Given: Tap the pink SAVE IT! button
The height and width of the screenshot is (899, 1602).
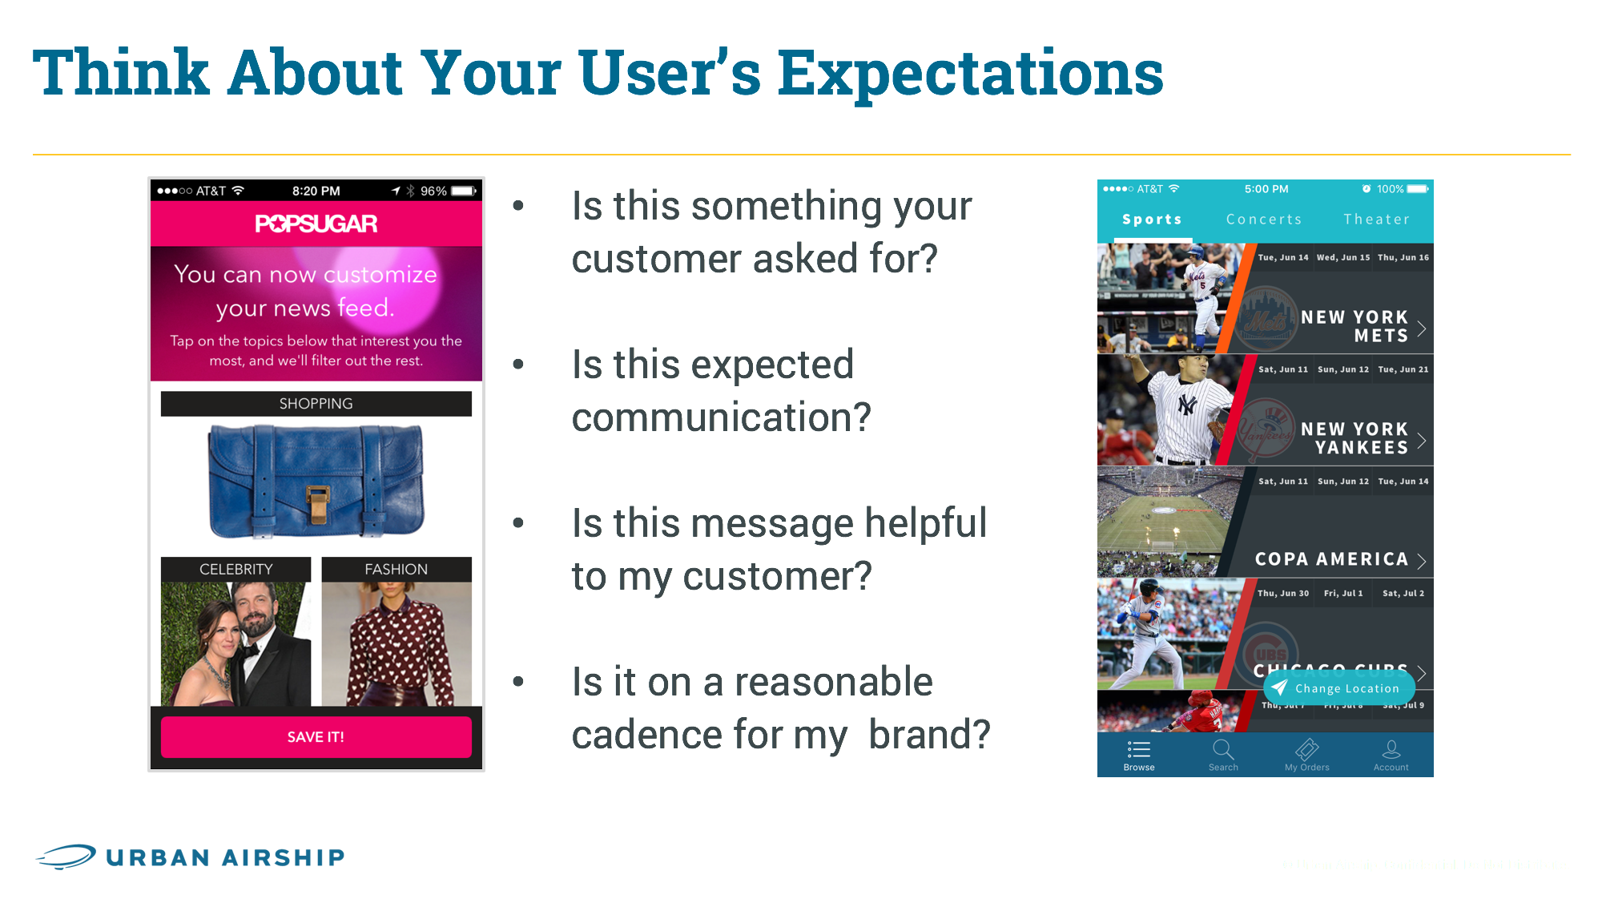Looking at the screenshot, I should click(x=316, y=736).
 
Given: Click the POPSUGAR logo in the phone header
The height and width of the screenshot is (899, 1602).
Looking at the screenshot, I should click(x=316, y=224).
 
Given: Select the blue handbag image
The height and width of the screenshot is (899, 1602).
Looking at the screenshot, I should click(x=316, y=480).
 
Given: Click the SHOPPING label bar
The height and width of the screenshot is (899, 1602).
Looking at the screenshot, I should click(x=316, y=404).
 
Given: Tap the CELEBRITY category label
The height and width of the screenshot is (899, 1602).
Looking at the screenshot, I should click(x=235, y=569).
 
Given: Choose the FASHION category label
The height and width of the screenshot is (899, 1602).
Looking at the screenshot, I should click(x=396, y=569).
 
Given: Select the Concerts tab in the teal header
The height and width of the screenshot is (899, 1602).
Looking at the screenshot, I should click(x=1263, y=220).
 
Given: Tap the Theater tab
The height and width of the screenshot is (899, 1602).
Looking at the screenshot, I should click(x=1376, y=220).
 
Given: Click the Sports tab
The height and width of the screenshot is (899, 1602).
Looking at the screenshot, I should click(x=1152, y=220).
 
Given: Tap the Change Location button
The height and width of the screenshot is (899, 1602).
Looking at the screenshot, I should click(x=1339, y=688).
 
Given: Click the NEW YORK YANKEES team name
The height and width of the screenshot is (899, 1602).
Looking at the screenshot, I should click(x=1354, y=438).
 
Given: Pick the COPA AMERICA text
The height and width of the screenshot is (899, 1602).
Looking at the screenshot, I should click(x=1331, y=558).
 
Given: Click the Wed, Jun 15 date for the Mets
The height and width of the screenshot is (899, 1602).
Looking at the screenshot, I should click(x=1342, y=257).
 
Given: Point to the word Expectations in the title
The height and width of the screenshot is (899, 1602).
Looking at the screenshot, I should click(x=970, y=74).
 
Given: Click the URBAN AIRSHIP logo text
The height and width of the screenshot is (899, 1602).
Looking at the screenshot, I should click(x=225, y=857).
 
